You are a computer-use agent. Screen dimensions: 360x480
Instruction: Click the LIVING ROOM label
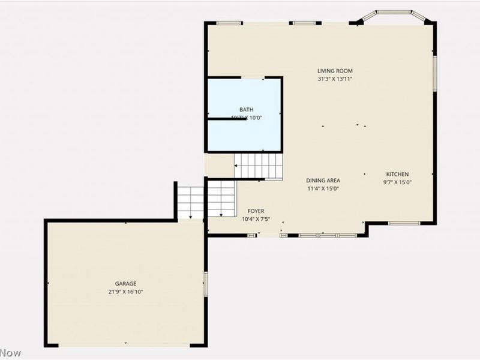335,71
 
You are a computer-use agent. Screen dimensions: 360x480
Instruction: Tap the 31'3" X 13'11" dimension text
335,79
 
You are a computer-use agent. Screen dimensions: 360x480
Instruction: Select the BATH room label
246,109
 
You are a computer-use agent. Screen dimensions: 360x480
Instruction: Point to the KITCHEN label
397,174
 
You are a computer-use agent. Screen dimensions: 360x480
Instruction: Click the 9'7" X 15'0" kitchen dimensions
397,182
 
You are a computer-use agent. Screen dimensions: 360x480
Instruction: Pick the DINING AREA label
323,180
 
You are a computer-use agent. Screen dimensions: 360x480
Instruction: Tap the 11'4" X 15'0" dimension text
323,188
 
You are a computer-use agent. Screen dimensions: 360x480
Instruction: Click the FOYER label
256,211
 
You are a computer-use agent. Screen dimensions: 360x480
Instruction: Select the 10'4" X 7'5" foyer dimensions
256,219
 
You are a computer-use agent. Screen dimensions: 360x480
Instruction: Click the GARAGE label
126,284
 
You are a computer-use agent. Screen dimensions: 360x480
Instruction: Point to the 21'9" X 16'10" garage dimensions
126,292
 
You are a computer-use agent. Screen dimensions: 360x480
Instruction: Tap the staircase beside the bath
258,166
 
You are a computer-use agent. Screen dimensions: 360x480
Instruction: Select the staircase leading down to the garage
206,199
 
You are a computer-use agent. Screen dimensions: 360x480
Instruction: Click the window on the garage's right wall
205,283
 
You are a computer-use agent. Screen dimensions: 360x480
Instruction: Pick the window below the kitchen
403,223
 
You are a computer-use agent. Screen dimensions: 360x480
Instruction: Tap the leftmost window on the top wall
229,23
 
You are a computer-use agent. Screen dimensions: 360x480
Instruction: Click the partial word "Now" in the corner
10,353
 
